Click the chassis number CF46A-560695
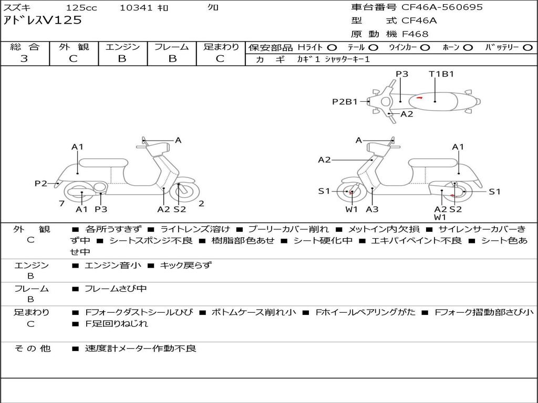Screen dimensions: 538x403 pyautogui.click(x=442, y=7)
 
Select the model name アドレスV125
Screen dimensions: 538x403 pyautogui.click(x=43, y=20)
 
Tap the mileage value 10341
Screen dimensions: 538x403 pyautogui.click(x=136, y=8)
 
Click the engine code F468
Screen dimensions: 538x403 pyautogui.click(x=415, y=34)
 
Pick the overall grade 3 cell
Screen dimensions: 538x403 pyautogui.click(x=24, y=59)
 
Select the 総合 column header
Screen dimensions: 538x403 pyautogui.click(x=25, y=47)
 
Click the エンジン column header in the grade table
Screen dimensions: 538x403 pyautogui.click(x=122, y=47)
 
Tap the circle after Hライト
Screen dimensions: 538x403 pyautogui.click(x=332, y=47)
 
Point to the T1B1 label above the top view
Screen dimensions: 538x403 pyautogui.click(x=441, y=74)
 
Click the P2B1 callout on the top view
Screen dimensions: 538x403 pyautogui.click(x=345, y=102)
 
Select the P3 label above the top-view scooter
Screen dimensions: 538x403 pyautogui.click(x=402, y=74)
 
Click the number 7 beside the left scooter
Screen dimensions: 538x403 pyautogui.click(x=61, y=204)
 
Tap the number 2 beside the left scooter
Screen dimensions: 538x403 pyautogui.click(x=201, y=204)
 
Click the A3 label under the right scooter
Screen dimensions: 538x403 pyautogui.click(x=372, y=209)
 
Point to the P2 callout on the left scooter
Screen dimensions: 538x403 pyautogui.click(x=41, y=183)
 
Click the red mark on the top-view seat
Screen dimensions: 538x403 pyautogui.click(x=419, y=98)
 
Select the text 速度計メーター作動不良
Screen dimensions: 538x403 pyautogui.click(x=140, y=348)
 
